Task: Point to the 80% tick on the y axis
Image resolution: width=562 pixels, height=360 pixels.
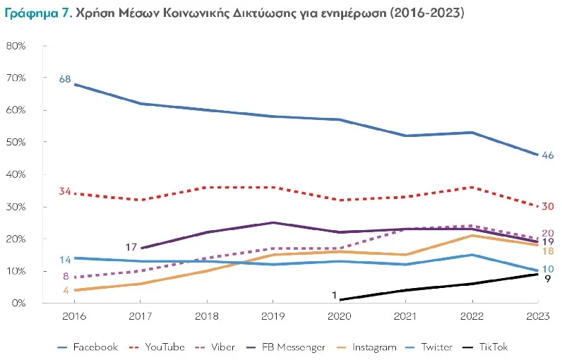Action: point(16,46)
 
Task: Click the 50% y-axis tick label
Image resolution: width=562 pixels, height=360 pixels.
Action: point(16,143)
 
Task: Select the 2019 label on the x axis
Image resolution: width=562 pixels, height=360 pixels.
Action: point(272,317)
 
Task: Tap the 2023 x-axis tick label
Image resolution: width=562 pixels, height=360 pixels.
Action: point(539,317)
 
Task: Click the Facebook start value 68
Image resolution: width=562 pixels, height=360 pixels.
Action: point(64,79)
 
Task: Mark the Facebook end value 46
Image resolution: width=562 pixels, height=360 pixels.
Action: point(547,155)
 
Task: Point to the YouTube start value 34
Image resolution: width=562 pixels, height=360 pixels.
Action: point(64,191)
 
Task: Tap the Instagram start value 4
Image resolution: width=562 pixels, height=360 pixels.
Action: point(65,289)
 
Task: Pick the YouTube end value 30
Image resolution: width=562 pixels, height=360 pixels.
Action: point(547,207)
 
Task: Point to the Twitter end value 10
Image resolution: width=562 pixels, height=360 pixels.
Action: point(547,270)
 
